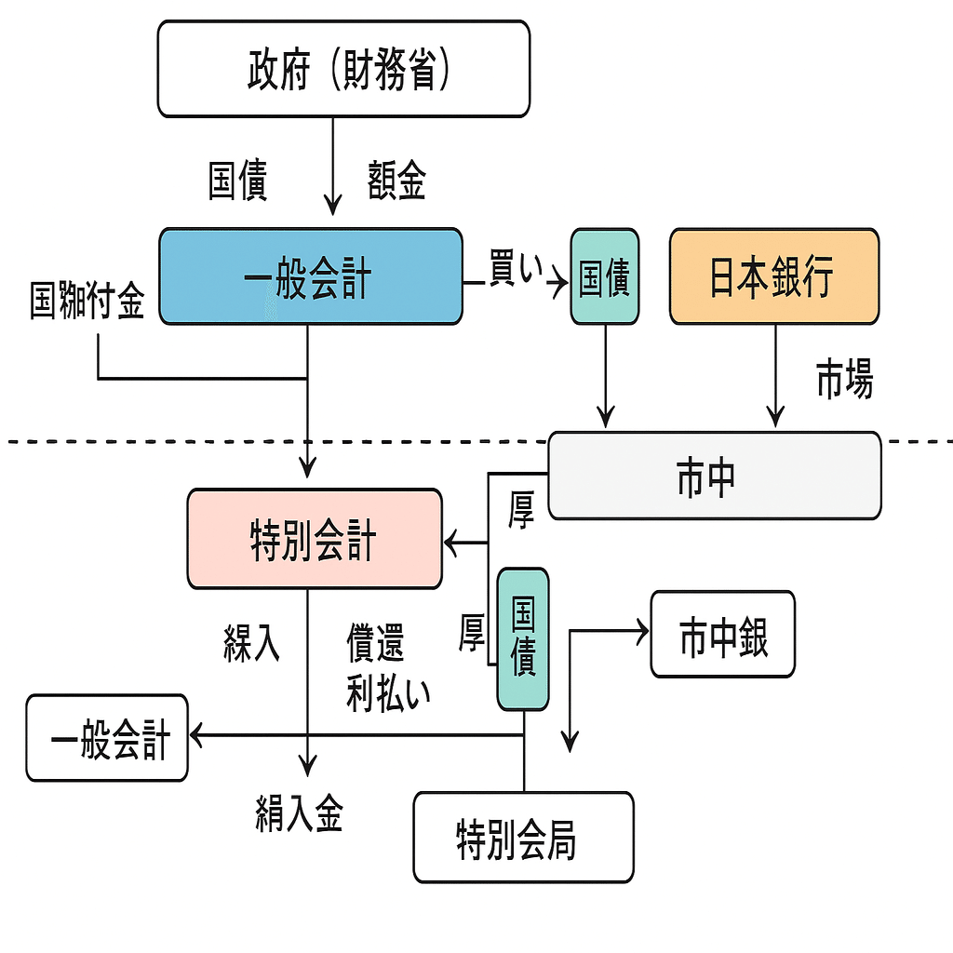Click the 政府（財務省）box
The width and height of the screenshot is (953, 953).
point(343,69)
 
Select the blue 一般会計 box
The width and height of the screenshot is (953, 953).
point(310,276)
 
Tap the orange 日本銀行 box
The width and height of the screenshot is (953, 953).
point(773,276)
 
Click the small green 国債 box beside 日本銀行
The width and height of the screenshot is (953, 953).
point(605,277)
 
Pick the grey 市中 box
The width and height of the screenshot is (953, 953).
point(714,476)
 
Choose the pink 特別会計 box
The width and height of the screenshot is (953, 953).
point(315,539)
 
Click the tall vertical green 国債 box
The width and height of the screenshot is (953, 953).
point(523,639)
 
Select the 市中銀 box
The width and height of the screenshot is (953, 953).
point(722,634)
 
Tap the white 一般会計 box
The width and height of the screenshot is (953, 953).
point(107,737)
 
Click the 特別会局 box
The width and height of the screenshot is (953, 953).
point(523,837)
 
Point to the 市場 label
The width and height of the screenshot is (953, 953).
point(844,380)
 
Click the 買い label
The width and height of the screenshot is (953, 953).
point(515,270)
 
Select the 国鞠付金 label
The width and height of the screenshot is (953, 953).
point(87,302)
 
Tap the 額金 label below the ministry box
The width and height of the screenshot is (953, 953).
point(396,181)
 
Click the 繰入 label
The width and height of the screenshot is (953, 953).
point(251,643)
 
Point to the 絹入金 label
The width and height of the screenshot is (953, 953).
point(299,812)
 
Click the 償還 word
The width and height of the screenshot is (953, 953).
point(375,643)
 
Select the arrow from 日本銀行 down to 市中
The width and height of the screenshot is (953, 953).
point(774,372)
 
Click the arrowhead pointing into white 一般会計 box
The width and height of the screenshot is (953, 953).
point(198,736)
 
